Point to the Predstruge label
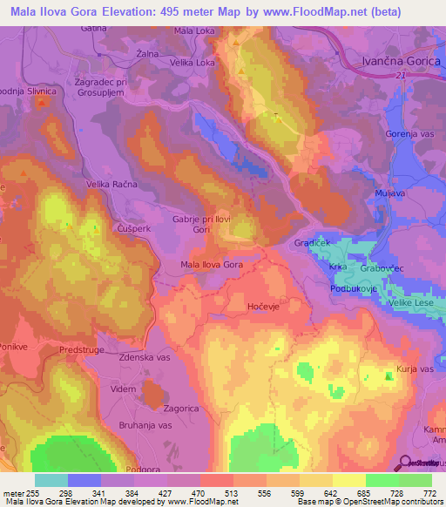coord(80,348)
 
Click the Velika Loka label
coord(193,63)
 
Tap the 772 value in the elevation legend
coord(427,492)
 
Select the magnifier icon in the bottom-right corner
coord(405,462)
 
